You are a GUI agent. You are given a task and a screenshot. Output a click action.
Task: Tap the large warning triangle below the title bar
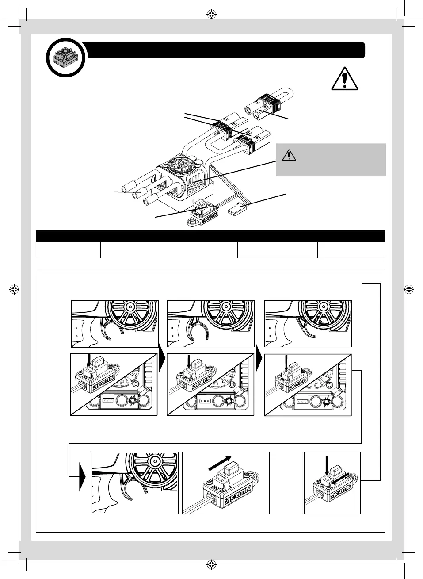coord(344,78)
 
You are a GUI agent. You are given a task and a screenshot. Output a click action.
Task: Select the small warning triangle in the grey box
coord(289,155)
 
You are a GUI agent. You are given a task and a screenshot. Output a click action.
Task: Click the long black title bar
coord(225,50)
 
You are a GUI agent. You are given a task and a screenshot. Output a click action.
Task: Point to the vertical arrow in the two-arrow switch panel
coord(326,466)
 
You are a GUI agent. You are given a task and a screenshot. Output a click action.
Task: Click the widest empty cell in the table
coord(169,249)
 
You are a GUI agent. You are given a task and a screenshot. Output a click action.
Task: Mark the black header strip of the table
coord(210,236)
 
